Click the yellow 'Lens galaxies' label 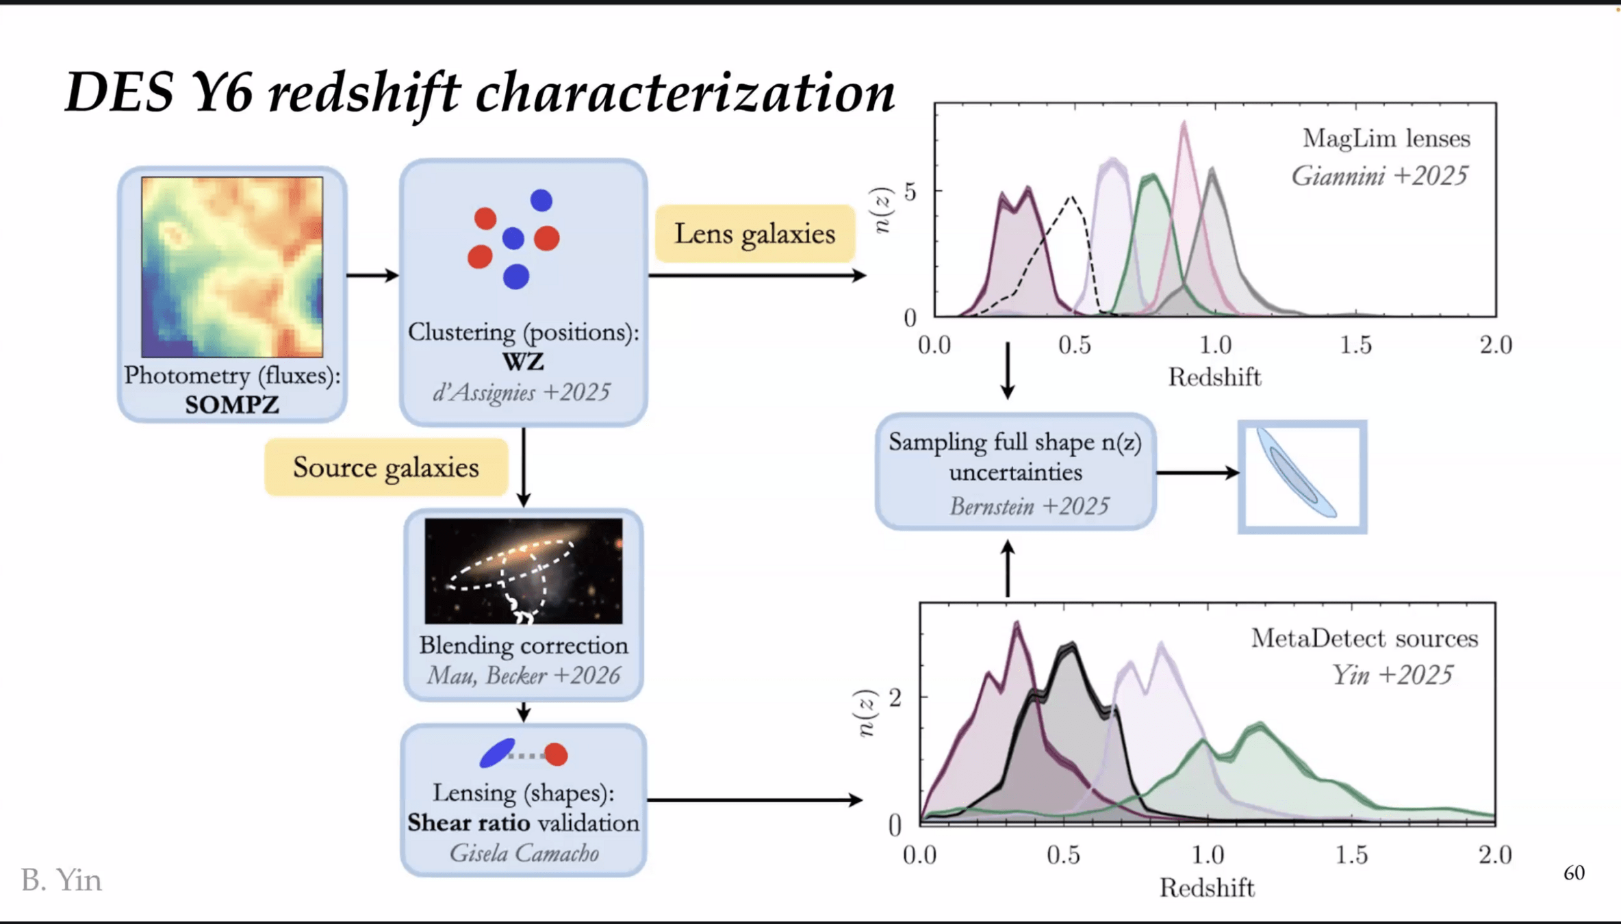[x=754, y=234]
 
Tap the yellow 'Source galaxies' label [x=386, y=467]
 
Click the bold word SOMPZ [x=232, y=405]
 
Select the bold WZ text [x=523, y=361]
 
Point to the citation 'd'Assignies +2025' [x=522, y=392]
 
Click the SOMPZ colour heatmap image [x=232, y=267]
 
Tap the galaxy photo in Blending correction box [x=524, y=571]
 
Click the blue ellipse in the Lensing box [x=497, y=753]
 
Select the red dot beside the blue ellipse [x=556, y=754]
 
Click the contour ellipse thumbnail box [x=1302, y=476]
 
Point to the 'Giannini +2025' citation [x=1379, y=177]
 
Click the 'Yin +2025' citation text [x=1392, y=676]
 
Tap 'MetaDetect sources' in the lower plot [x=1364, y=639]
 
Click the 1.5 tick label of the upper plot [x=1355, y=345]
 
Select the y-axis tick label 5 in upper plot [x=910, y=192]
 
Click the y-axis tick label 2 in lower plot [x=895, y=697]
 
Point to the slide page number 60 [x=1574, y=873]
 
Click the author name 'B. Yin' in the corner [x=62, y=880]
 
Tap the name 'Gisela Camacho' [x=524, y=853]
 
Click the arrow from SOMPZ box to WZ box [x=372, y=275]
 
